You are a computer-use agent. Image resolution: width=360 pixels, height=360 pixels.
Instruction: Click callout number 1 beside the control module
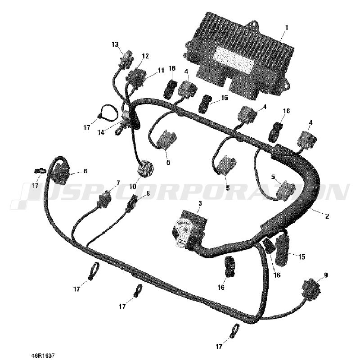286,28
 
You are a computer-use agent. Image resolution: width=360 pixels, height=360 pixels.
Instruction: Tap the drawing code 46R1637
43,355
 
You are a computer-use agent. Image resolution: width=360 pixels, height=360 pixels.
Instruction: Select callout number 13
115,44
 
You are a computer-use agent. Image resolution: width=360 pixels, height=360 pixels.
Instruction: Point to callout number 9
326,275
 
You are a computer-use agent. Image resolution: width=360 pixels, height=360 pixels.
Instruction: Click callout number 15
302,257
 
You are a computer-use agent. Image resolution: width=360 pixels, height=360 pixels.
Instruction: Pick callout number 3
200,203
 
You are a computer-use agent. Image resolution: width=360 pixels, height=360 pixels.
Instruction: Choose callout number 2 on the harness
327,216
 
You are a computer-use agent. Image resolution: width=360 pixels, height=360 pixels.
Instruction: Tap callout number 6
85,171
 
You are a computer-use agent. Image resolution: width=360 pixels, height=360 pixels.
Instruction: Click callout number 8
148,193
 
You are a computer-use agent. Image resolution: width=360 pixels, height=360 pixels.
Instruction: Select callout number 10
132,186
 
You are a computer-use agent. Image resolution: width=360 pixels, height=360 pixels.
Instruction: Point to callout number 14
101,132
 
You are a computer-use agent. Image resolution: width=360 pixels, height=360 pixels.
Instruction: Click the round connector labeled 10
145,170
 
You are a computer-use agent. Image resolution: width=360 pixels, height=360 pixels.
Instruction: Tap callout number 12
145,56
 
